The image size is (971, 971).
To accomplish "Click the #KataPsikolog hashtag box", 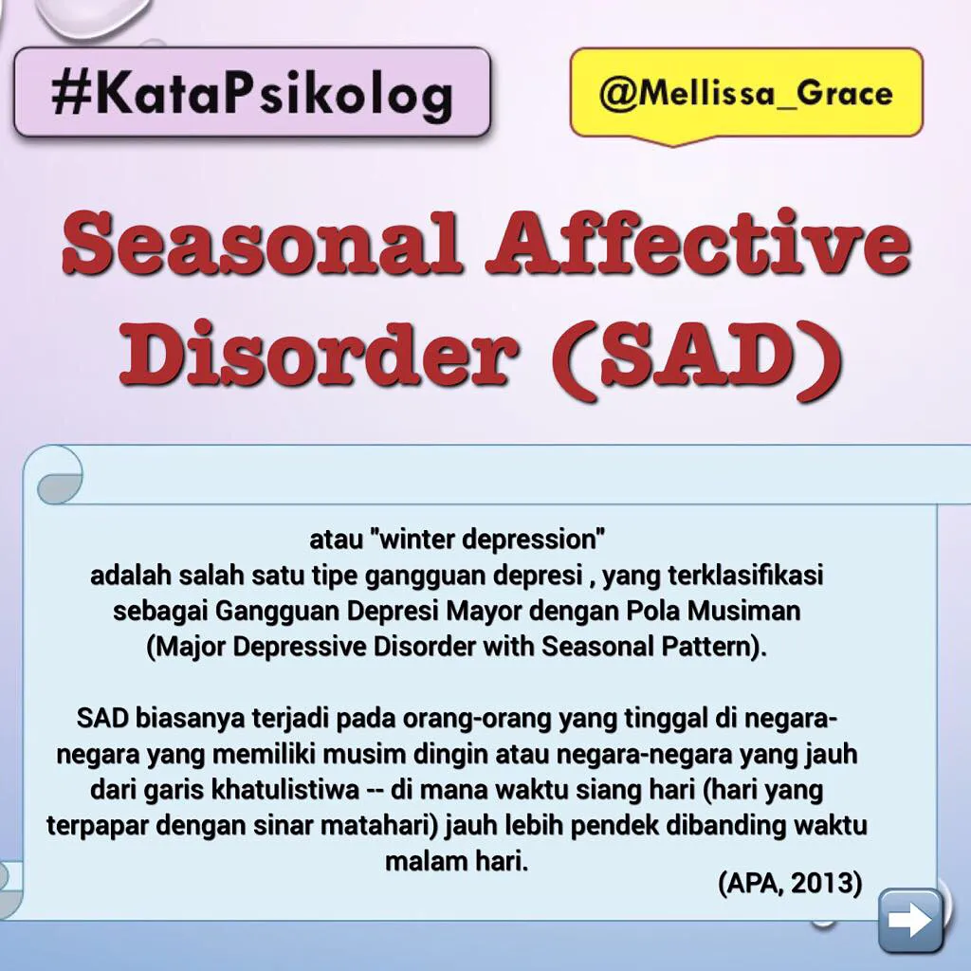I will coord(251,93).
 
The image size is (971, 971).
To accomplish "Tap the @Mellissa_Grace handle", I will coord(745,94).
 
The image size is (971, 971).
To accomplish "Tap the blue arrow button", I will coord(910,920).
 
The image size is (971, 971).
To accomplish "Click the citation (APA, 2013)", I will coord(790,883).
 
